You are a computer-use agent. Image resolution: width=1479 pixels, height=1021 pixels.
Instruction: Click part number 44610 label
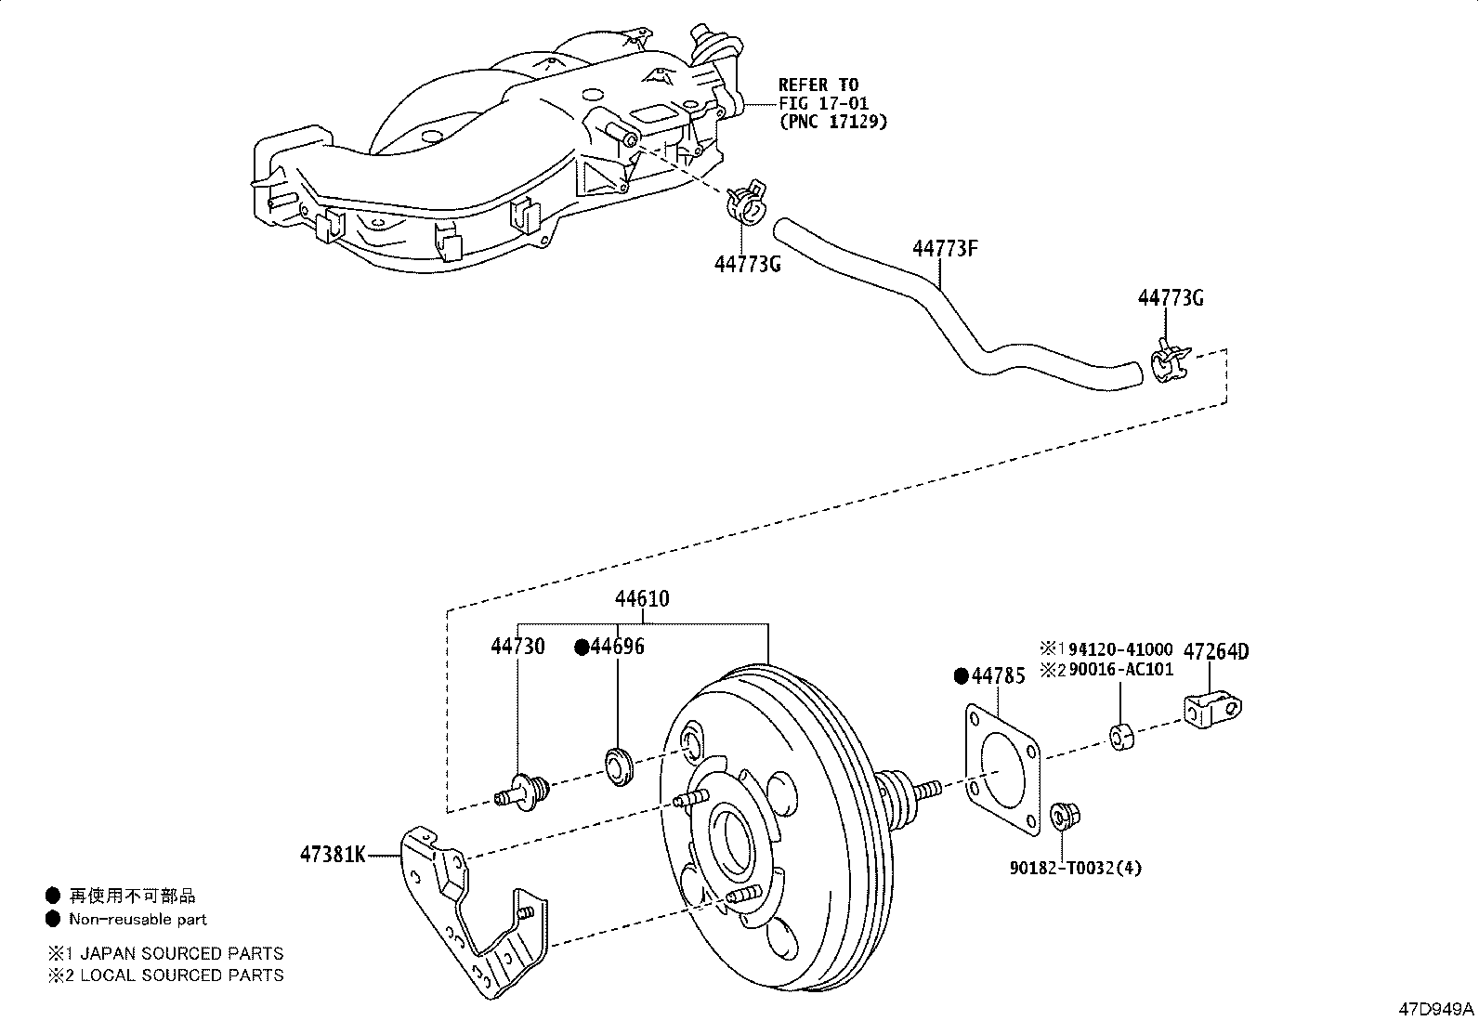[x=641, y=599]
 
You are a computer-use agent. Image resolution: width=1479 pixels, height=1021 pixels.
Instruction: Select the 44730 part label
[x=517, y=646]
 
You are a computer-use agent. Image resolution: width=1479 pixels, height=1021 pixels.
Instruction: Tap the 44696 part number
[x=617, y=647]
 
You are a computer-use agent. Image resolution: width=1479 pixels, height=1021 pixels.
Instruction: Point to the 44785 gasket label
[x=998, y=676]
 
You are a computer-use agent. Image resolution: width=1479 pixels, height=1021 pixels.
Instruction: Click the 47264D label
[x=1217, y=651]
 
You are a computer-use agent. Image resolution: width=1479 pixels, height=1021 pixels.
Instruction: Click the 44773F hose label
[x=945, y=249]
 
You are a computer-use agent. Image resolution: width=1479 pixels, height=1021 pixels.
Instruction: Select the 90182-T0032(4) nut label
[x=1076, y=868]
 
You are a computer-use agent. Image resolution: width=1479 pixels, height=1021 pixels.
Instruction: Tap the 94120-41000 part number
[x=1119, y=648]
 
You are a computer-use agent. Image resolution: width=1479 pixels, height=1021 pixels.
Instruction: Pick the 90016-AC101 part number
[x=1120, y=669]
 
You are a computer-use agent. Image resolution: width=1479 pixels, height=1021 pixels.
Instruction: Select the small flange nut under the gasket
[x=1063, y=816]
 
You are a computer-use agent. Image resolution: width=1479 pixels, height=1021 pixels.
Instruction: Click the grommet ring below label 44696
[x=620, y=764]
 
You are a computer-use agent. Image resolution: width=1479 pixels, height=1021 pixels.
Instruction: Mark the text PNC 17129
[x=832, y=121]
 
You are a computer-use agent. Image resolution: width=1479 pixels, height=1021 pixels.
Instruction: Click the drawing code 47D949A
[x=1437, y=1008]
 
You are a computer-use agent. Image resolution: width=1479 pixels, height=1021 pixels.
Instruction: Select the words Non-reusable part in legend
[x=138, y=919]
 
